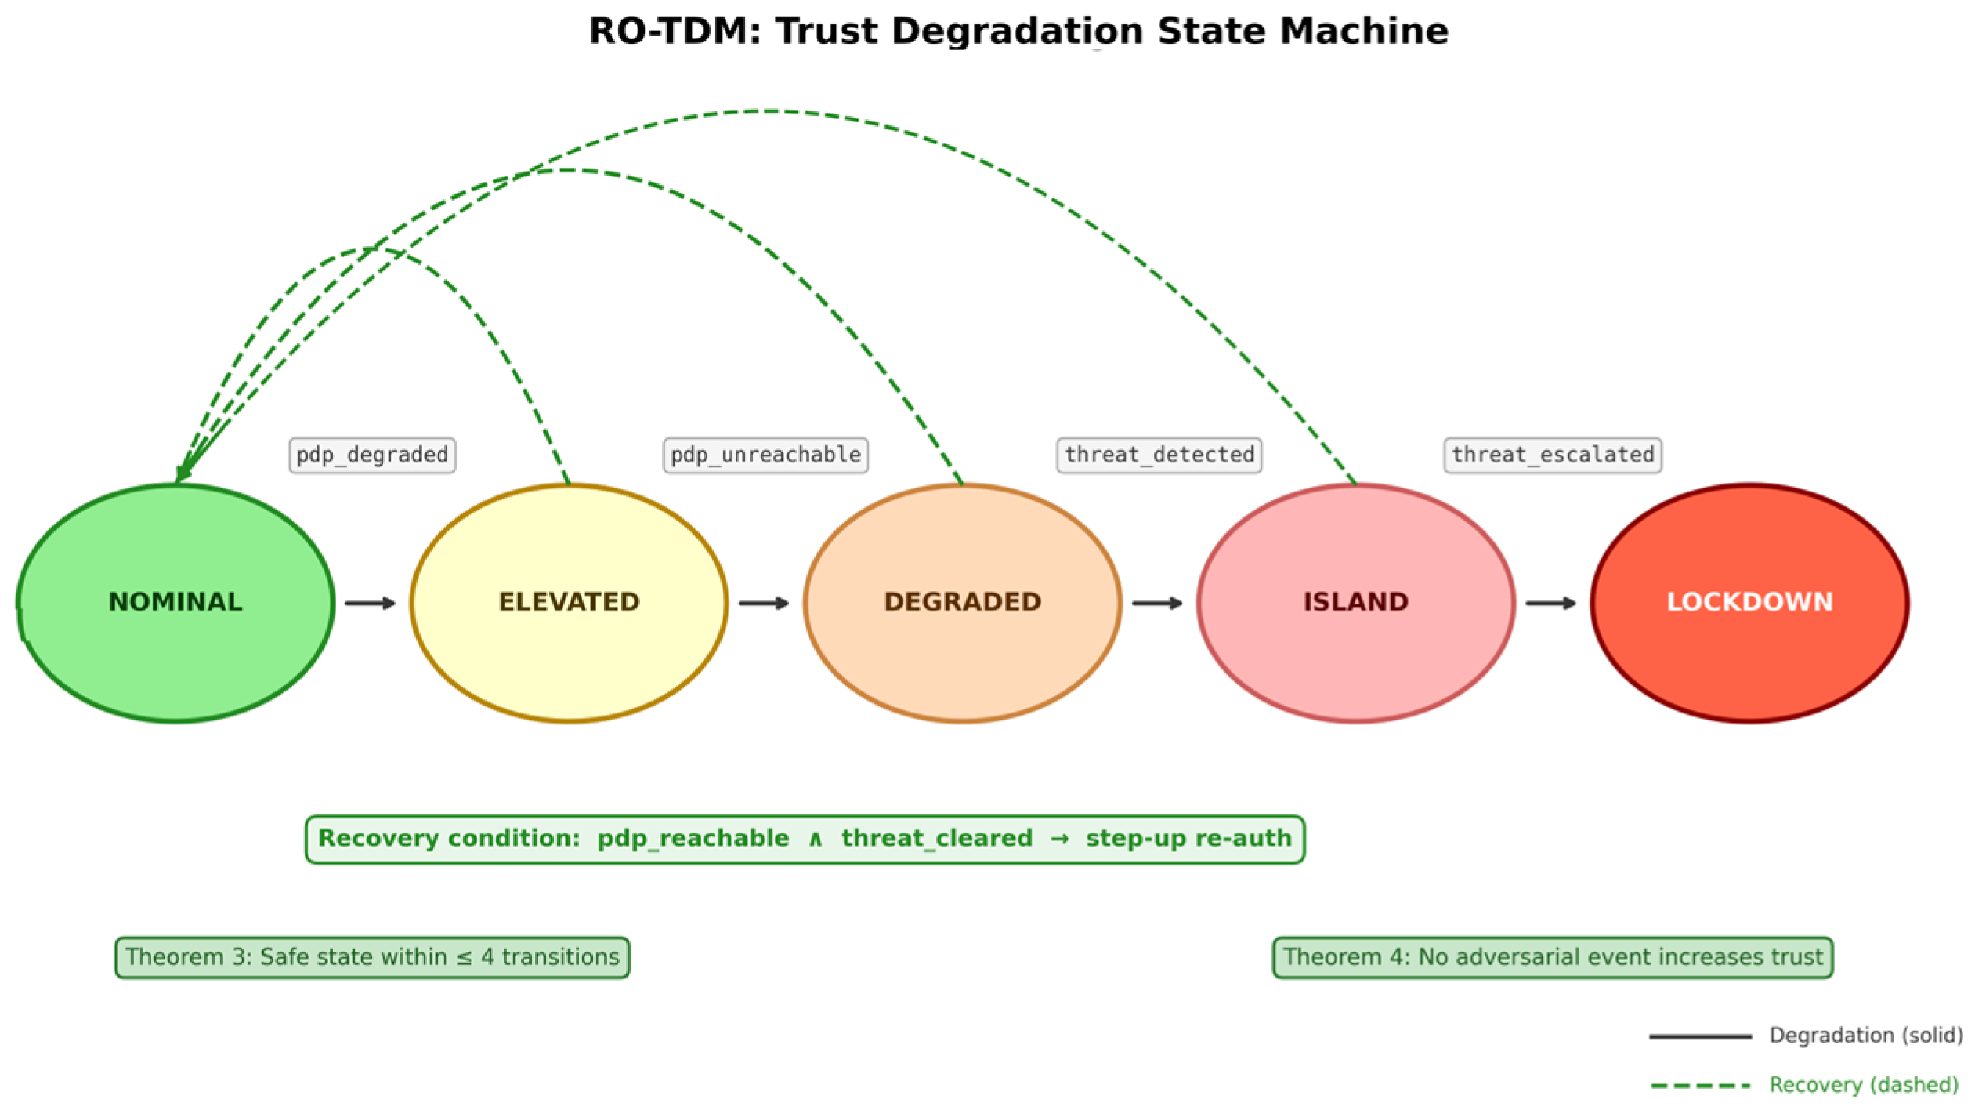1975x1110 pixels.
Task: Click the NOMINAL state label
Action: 175,601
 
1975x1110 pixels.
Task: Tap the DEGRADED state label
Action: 962,601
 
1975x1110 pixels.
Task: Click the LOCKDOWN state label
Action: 1749,601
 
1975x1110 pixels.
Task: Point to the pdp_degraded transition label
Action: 372,455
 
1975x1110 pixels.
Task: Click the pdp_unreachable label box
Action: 765,455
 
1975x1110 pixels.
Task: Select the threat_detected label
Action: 1159,455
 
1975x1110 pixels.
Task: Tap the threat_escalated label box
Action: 1552,455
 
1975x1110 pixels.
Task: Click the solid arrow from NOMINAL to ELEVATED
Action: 371,603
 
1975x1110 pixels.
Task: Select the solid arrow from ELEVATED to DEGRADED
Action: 764,603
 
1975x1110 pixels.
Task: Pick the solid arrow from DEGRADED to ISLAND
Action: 1157,603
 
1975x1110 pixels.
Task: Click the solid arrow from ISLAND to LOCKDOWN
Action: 1550,603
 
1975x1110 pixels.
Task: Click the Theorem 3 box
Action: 372,957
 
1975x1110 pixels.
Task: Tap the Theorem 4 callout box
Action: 1552,957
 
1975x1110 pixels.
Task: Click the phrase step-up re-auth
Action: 1188,838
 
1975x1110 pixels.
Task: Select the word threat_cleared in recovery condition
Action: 936,838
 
